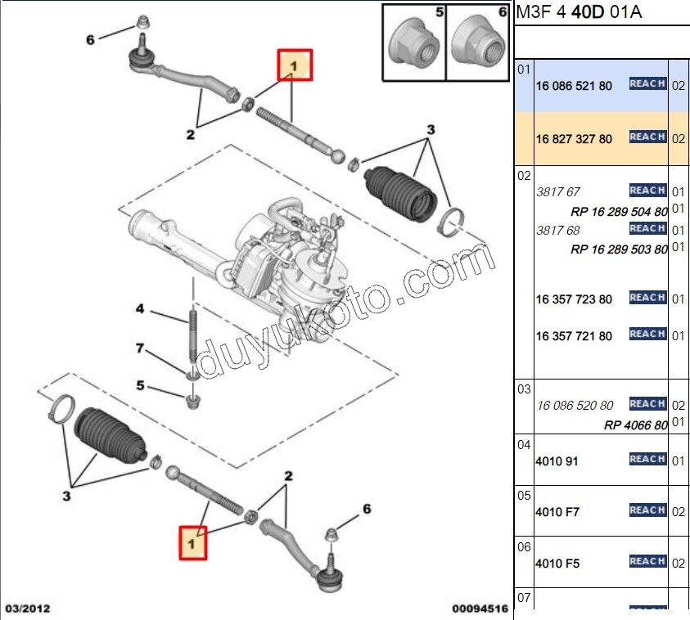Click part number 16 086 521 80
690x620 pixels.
[x=574, y=85]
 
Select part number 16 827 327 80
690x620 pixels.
[x=574, y=139]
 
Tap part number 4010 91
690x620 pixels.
[x=557, y=461]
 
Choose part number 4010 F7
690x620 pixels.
[x=557, y=512]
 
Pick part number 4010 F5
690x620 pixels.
[x=557, y=564]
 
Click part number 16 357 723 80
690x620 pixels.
[x=574, y=299]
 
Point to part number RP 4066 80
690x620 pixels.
[x=635, y=425]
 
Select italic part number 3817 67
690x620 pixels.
[x=557, y=192]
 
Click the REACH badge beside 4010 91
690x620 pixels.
[x=647, y=460]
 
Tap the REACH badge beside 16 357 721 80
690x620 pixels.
[x=647, y=334]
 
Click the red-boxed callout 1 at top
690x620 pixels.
[x=295, y=65]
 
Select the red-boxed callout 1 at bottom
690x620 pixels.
[x=194, y=541]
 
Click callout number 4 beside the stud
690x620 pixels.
[x=140, y=309]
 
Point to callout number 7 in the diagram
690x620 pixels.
[x=140, y=349]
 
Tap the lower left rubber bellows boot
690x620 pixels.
[x=109, y=437]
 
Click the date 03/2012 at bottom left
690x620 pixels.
[x=28, y=609]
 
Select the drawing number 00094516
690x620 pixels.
[x=480, y=609]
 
